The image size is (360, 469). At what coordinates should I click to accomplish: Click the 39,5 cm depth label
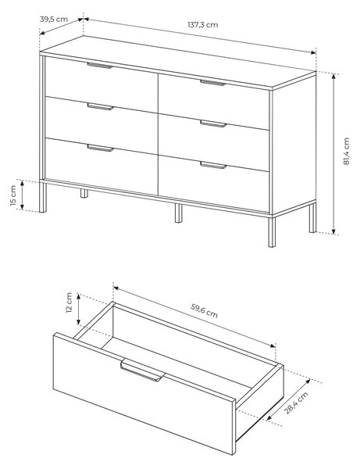pyautogui.click(x=54, y=19)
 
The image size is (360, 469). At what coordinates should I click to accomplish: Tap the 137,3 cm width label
pyautogui.click(x=203, y=24)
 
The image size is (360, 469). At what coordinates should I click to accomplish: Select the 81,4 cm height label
pyautogui.click(x=346, y=151)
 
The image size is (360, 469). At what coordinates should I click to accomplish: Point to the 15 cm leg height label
pyautogui.click(x=12, y=195)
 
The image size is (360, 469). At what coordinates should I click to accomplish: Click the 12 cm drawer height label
pyautogui.click(x=69, y=303)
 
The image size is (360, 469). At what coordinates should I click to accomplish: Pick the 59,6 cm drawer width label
pyautogui.click(x=204, y=311)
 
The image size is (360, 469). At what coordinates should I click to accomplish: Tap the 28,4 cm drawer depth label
pyautogui.click(x=296, y=403)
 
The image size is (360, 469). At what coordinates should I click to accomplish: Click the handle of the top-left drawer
pyautogui.click(x=100, y=66)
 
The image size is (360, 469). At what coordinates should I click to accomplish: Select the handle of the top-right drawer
pyautogui.click(x=212, y=83)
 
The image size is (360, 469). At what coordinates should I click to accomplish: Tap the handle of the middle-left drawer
pyautogui.click(x=101, y=107)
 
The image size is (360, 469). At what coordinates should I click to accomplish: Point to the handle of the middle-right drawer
pyautogui.click(x=213, y=124)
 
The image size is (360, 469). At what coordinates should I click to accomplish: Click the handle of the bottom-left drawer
pyautogui.click(x=101, y=148)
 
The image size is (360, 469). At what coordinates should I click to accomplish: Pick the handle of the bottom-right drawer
pyautogui.click(x=213, y=165)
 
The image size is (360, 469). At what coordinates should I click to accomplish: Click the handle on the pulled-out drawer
pyautogui.click(x=142, y=371)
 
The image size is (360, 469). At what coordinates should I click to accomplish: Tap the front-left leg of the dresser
pyautogui.click(x=43, y=198)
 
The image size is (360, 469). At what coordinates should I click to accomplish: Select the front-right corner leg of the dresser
pyautogui.click(x=272, y=232)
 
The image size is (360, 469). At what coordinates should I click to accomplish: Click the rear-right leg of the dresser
pyautogui.click(x=312, y=217)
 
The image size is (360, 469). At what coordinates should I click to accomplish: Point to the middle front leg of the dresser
pyautogui.click(x=178, y=213)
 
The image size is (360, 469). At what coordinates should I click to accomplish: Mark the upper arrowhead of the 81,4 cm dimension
pyautogui.click(x=334, y=77)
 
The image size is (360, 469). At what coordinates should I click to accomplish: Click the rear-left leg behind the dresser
pyautogui.click(x=84, y=194)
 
